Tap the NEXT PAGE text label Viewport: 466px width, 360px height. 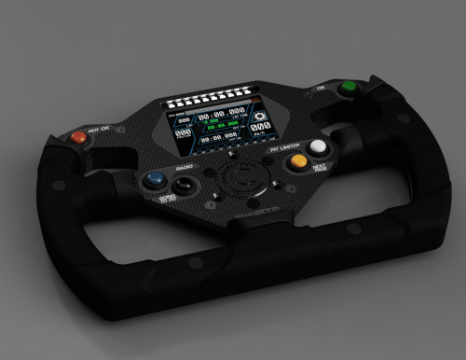click(x=320, y=168)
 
